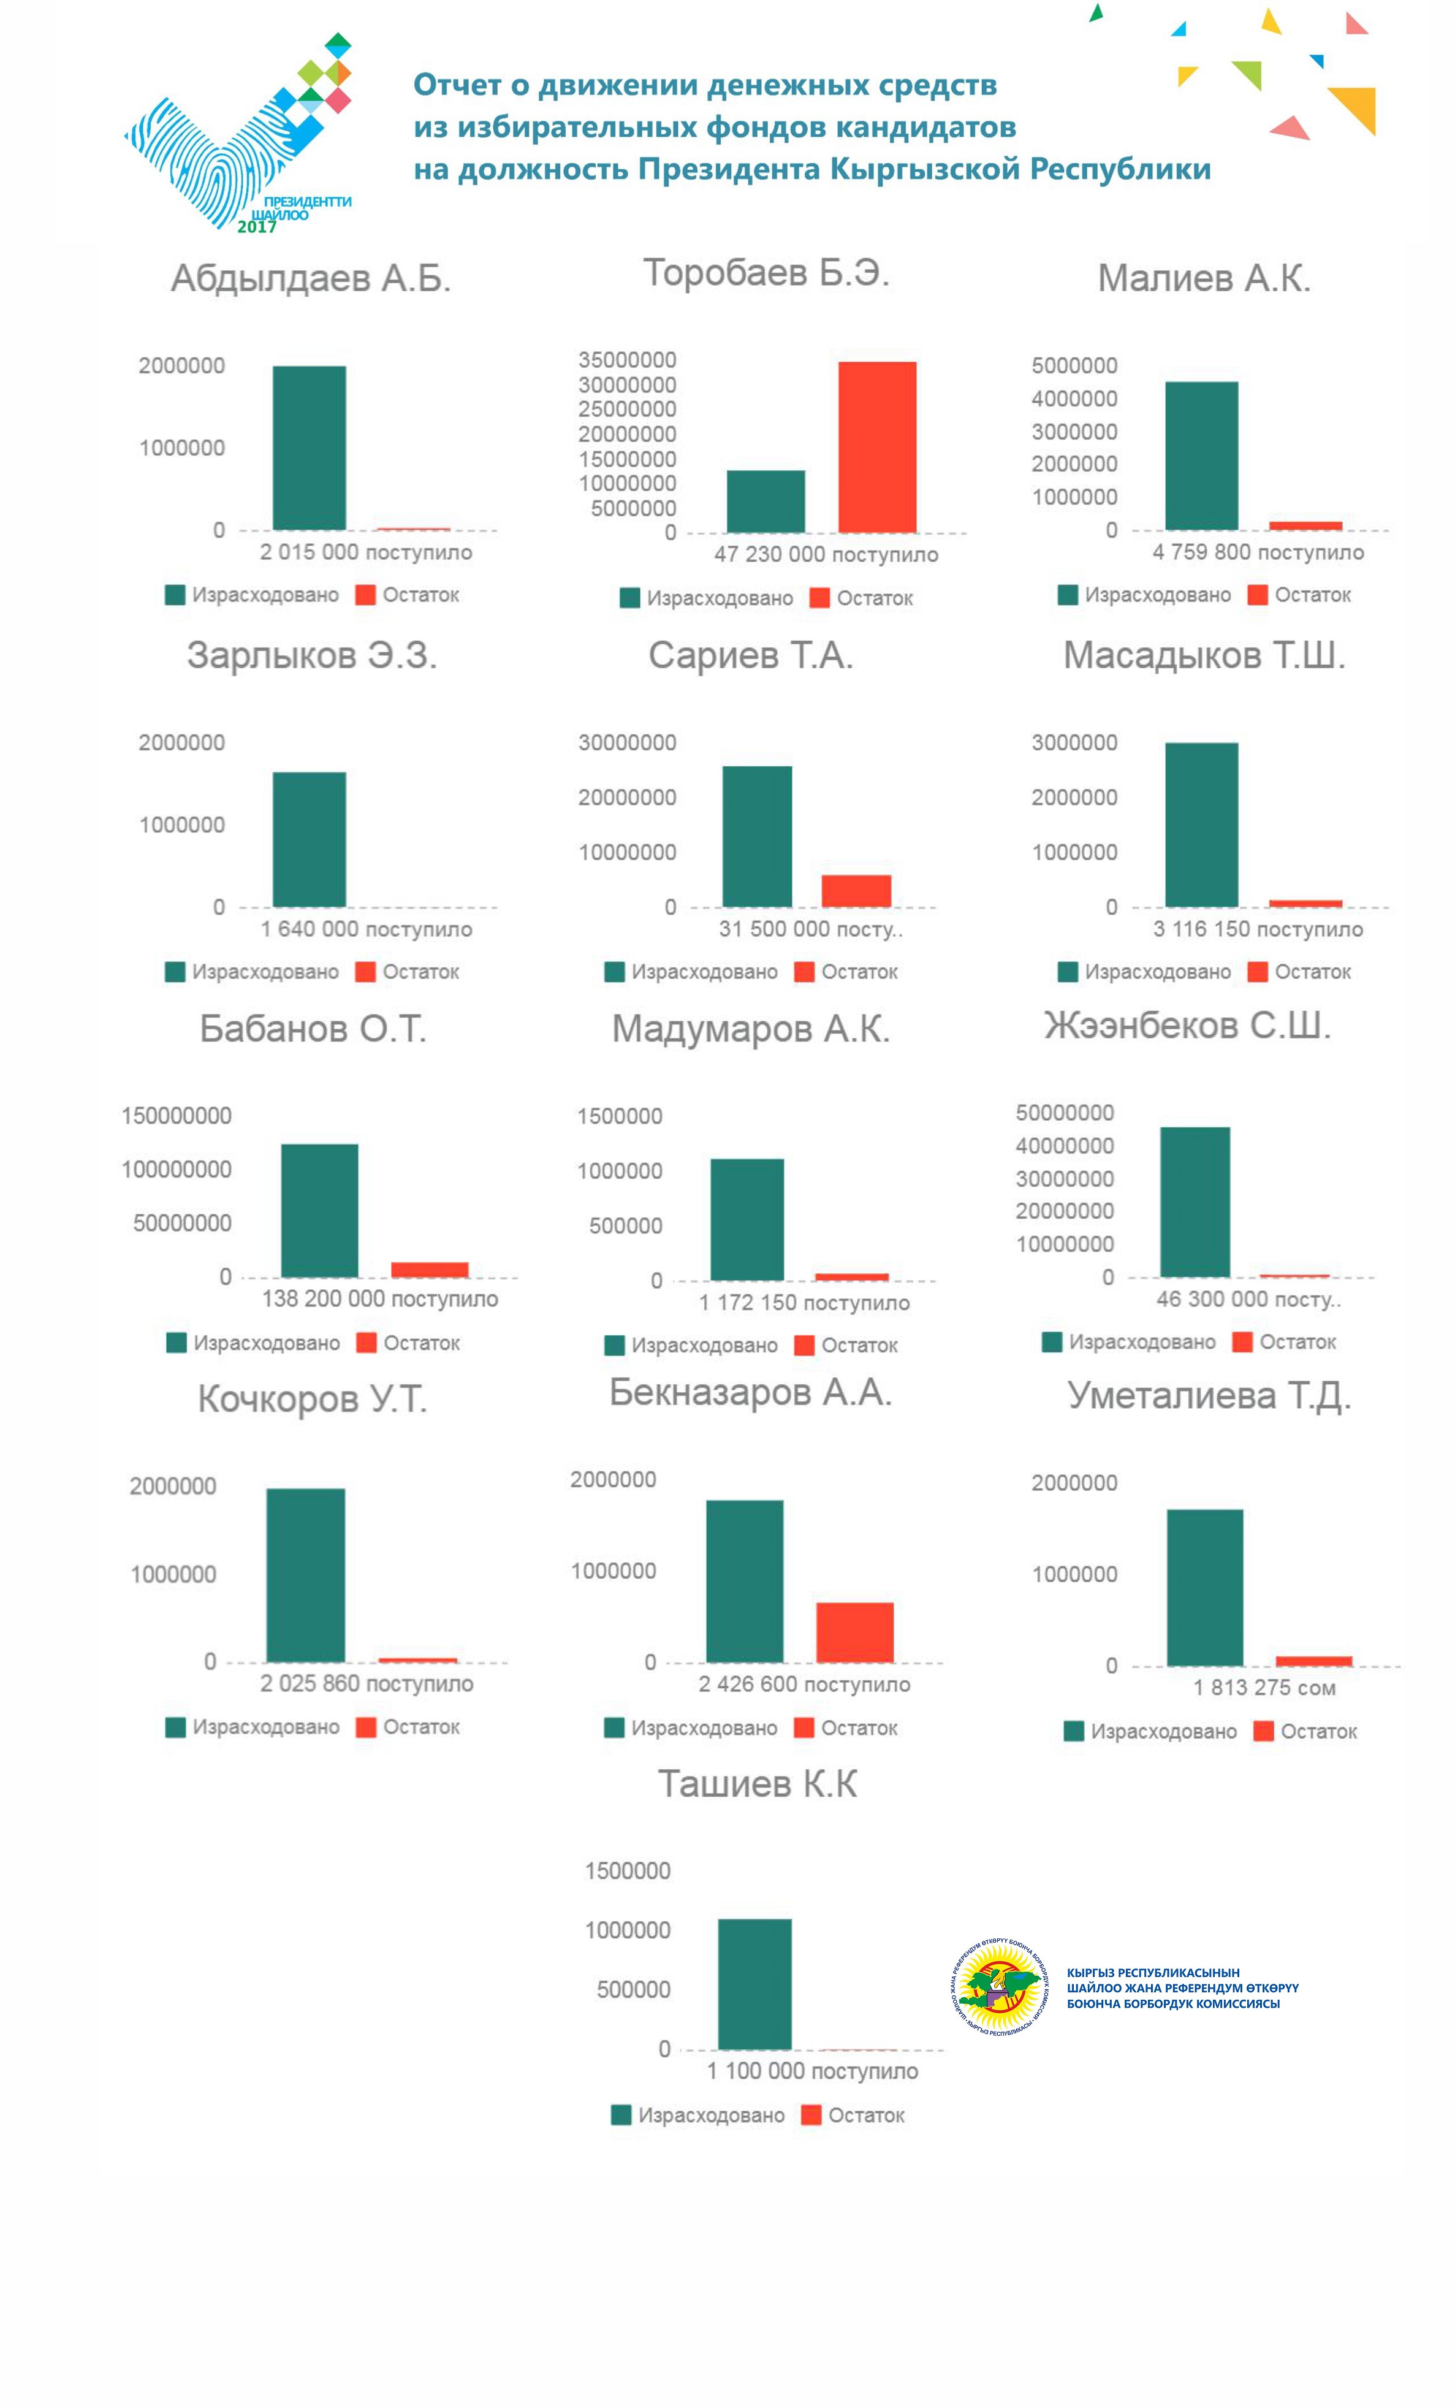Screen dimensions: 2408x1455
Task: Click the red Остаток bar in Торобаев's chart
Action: click(x=876, y=447)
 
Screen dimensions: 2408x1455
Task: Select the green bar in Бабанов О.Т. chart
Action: click(x=319, y=1210)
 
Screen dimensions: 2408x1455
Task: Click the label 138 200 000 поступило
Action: click(x=379, y=1299)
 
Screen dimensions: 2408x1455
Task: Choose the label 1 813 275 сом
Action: click(x=1264, y=1688)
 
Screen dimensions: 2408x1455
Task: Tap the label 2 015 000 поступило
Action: click(x=365, y=552)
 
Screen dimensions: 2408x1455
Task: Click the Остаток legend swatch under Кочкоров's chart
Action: click(x=367, y=1727)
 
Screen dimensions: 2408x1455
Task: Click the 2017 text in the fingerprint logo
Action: click(x=257, y=227)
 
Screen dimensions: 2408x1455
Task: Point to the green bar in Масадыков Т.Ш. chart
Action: click(x=1201, y=824)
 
